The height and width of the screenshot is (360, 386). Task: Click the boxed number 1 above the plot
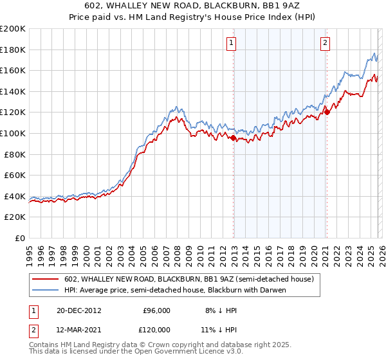pyautogui.click(x=231, y=43)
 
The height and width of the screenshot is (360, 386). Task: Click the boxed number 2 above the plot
pyautogui.click(x=325, y=43)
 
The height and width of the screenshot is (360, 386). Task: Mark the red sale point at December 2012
pyautogui.click(x=233, y=137)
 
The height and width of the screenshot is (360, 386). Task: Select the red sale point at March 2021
pyautogui.click(x=326, y=112)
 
